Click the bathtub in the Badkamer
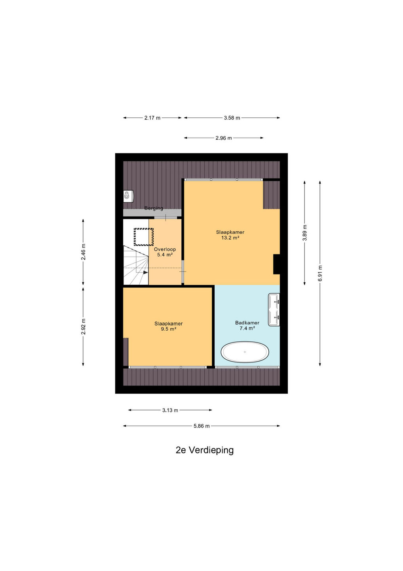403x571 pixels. click(x=245, y=352)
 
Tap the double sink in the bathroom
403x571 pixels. click(x=274, y=309)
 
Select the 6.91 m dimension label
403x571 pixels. click(x=320, y=273)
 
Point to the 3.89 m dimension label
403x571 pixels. click(x=304, y=233)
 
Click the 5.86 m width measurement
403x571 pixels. click(x=201, y=426)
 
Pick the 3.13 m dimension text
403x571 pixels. click(x=170, y=410)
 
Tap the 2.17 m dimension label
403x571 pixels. click(x=152, y=118)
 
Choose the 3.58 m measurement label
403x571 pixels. click(x=232, y=118)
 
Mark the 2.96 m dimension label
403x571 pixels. click(x=224, y=138)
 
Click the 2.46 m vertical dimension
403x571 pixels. click(x=83, y=252)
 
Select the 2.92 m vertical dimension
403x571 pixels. click(x=83, y=327)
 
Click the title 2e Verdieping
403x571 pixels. click(x=205, y=450)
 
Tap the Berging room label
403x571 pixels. click(x=154, y=208)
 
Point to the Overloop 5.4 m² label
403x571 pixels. click(x=165, y=252)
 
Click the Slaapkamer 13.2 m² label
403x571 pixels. click(x=230, y=235)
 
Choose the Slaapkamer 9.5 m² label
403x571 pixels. click(x=168, y=326)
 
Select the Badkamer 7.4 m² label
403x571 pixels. click(x=247, y=326)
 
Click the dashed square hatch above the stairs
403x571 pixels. click(x=143, y=237)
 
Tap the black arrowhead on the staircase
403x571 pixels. click(x=146, y=272)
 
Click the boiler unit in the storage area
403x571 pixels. click(x=129, y=196)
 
